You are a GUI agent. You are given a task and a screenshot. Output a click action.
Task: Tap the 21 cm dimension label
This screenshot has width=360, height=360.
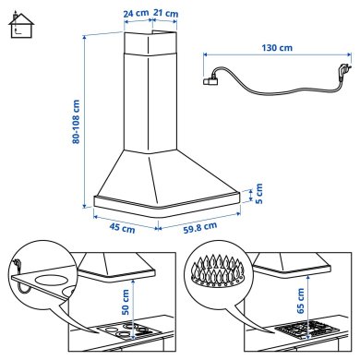point(166,14)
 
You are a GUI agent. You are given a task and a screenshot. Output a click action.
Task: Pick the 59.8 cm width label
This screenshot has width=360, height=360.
point(198,226)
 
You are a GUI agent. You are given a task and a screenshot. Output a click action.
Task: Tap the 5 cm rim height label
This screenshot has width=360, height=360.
point(259,196)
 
